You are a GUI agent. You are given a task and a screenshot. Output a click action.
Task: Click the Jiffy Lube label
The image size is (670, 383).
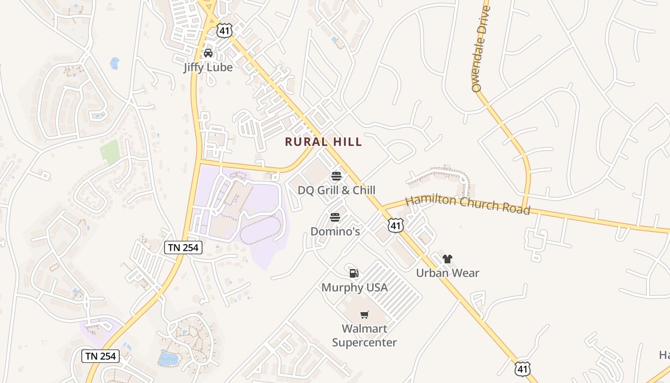208,67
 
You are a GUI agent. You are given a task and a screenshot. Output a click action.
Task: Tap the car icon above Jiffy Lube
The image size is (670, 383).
208,53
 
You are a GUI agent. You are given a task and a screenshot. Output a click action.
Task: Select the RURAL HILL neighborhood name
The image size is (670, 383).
324,142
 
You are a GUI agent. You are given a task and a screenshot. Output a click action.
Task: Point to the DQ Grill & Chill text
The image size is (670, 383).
336,190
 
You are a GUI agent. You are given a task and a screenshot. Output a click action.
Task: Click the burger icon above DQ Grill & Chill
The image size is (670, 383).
336,176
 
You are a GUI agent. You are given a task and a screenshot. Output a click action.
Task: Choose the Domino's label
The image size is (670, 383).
335,231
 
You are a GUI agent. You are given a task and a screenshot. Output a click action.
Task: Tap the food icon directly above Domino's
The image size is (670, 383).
335,217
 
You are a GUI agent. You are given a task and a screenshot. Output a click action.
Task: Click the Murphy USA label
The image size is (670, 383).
354,287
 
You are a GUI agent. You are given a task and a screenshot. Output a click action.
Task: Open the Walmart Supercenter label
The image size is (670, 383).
364,335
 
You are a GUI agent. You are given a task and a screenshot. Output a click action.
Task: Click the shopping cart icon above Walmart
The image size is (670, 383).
365,315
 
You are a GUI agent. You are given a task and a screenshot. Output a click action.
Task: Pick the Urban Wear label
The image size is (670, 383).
447,273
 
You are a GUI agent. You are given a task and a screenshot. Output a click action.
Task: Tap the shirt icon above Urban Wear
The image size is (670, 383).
447,259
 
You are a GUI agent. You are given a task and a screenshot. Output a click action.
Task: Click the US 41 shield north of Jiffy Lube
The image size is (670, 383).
224,31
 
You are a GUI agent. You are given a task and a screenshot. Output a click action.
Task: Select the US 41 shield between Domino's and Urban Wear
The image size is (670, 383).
396,225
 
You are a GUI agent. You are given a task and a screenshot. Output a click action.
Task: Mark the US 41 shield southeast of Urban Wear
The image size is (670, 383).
523,368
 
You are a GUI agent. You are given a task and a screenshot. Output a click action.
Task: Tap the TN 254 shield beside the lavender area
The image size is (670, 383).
183,248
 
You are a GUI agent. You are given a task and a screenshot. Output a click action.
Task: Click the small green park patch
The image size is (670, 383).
110,152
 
